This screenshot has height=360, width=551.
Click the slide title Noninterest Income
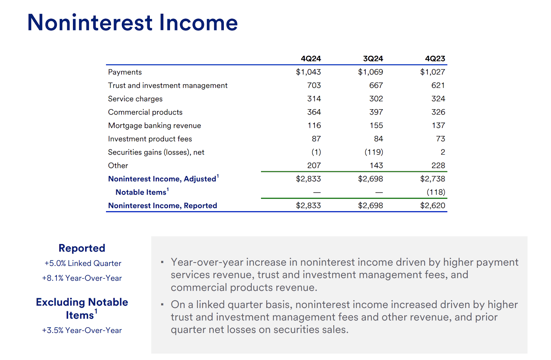click(x=132, y=23)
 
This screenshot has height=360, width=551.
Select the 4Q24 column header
click(x=311, y=59)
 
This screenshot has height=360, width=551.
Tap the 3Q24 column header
click(x=373, y=59)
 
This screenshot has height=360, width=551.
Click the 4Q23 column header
click(x=435, y=59)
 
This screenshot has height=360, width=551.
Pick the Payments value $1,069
click(x=370, y=72)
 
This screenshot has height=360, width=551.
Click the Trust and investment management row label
click(x=168, y=85)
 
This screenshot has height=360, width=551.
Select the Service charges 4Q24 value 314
click(x=314, y=99)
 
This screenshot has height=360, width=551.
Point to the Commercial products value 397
click(x=376, y=112)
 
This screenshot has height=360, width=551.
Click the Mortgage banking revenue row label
click(x=154, y=125)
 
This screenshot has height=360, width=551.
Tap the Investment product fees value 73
click(x=440, y=139)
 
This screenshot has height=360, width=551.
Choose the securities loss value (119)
click(x=374, y=152)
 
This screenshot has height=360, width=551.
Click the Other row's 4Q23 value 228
click(x=438, y=166)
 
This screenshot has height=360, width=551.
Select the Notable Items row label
click(x=141, y=192)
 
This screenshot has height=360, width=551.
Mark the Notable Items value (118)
click(x=436, y=192)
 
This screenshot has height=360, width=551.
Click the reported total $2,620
click(x=433, y=206)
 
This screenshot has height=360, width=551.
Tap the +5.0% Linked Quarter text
click(x=83, y=264)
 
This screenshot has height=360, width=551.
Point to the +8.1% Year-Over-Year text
click(x=82, y=278)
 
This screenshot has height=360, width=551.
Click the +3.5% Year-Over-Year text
click(x=82, y=330)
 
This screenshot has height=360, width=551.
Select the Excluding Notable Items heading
click(x=82, y=308)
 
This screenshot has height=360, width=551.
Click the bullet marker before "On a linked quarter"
click(x=162, y=305)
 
